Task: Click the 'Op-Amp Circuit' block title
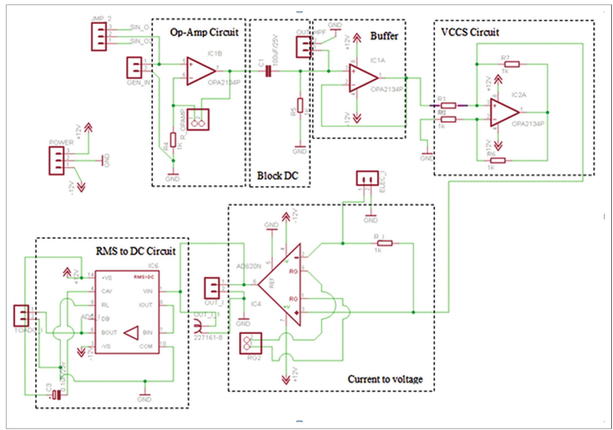(204, 32)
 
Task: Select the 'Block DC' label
(278, 176)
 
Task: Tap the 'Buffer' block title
(384, 36)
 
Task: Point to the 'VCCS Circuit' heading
(470, 32)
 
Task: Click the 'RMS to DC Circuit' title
(136, 251)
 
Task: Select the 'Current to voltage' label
(385, 379)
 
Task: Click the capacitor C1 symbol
(269, 71)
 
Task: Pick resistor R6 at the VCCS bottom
(498, 160)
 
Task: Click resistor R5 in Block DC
(300, 105)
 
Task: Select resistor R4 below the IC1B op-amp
(173, 140)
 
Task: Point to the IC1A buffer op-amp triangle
(362, 78)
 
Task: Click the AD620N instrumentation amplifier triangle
(282, 285)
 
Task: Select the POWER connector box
(56, 161)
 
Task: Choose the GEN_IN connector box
(134, 67)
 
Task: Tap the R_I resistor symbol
(385, 243)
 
